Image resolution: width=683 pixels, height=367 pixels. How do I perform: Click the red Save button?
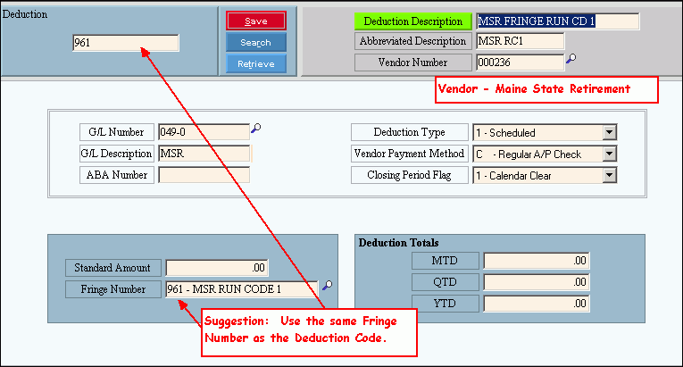pyautogui.click(x=255, y=21)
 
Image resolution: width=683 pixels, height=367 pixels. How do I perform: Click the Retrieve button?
pyautogui.click(x=255, y=63)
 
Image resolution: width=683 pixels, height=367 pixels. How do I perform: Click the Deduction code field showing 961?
pyautogui.click(x=125, y=43)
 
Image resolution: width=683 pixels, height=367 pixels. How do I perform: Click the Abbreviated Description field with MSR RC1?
pyautogui.click(x=520, y=41)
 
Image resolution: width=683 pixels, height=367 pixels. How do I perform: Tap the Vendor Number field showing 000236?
pyautogui.click(x=520, y=62)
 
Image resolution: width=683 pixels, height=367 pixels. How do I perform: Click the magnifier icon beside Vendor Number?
pyautogui.click(x=571, y=60)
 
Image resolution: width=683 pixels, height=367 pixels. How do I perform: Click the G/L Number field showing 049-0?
pyautogui.click(x=203, y=132)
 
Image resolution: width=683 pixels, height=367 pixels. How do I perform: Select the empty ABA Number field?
pyautogui.click(x=204, y=175)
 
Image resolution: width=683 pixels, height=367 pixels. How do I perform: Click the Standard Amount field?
pyautogui.click(x=217, y=267)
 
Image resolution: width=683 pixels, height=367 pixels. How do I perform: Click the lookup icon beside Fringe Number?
pyautogui.click(x=328, y=286)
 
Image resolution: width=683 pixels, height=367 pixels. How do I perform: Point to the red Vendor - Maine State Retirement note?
pyautogui.click(x=546, y=89)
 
